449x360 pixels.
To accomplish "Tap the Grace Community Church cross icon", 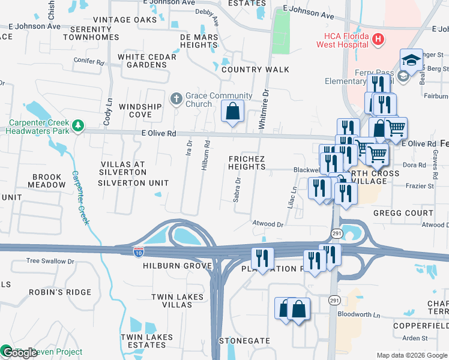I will (176, 98).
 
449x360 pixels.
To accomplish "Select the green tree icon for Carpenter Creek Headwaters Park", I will (77, 125).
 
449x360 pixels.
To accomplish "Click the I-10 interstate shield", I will (139, 251).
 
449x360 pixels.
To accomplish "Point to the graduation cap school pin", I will (411, 61).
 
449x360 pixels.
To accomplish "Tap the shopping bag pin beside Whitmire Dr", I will (233, 112).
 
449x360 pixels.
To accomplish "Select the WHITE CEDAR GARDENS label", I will (147, 61).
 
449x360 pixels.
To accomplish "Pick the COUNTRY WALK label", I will (255, 70).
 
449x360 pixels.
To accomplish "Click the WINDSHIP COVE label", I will (140, 110).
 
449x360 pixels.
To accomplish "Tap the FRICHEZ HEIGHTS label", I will (247, 163).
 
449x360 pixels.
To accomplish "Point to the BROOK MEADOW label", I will (49, 181).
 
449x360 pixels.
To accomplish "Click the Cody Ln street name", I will (108, 112).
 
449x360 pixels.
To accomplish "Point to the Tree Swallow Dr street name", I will (50, 261).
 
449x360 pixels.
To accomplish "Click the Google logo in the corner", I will (20, 353).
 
